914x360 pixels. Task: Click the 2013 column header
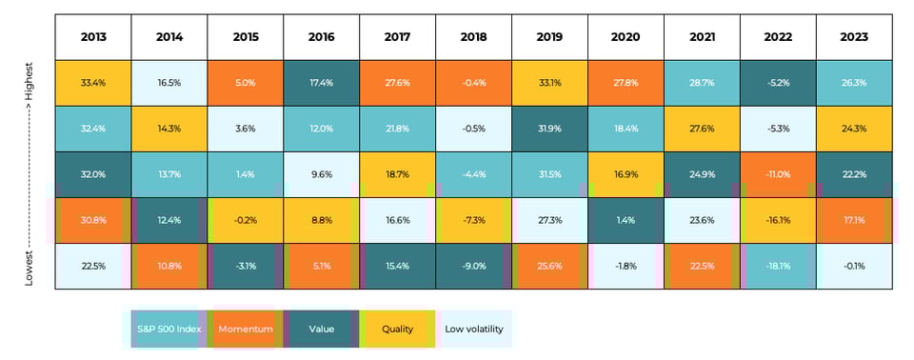(92, 37)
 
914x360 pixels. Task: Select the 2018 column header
(473, 37)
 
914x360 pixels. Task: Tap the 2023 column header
(853, 37)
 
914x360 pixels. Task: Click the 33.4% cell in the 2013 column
(92, 83)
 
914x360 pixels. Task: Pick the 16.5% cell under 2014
(169, 83)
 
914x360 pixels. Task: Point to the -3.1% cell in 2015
(245, 266)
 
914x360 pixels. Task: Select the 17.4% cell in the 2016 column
(321, 83)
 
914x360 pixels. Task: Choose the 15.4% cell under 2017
(397, 266)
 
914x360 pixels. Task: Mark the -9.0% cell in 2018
(473, 266)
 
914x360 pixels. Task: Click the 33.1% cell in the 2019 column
(549, 83)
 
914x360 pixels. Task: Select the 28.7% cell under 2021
(702, 83)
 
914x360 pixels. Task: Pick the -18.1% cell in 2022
(778, 266)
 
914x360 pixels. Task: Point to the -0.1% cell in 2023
(853, 266)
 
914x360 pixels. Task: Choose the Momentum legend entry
(245, 330)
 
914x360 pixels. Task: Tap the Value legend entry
(321, 330)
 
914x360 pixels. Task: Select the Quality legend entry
(397, 330)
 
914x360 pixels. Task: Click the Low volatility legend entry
(473, 330)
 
